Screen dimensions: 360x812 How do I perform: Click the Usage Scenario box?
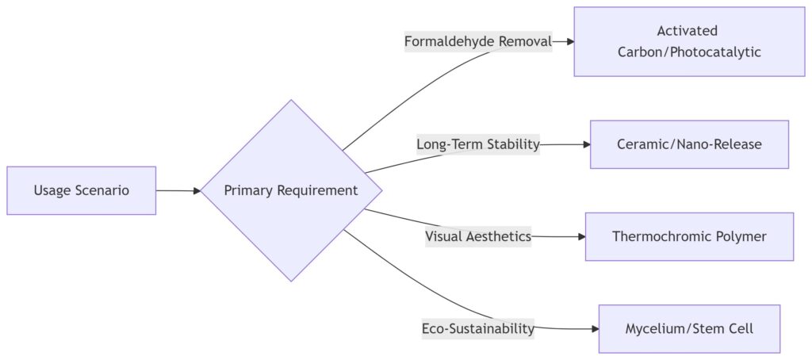point(81,190)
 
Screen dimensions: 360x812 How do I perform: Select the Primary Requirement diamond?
point(291,190)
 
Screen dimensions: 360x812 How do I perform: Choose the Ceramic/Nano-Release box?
point(689,144)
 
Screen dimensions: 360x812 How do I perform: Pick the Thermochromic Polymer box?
point(689,236)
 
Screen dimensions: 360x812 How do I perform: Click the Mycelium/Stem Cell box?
point(689,328)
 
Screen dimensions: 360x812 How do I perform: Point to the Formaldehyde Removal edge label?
point(477,41)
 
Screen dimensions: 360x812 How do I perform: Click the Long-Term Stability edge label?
point(477,144)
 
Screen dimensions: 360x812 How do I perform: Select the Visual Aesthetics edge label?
point(477,236)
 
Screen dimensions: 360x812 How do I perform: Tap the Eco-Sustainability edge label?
point(477,328)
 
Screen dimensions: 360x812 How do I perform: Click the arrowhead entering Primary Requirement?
point(196,190)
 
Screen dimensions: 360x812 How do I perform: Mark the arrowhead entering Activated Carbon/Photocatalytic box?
point(569,41)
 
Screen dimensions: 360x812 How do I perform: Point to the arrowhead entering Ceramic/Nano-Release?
point(586,144)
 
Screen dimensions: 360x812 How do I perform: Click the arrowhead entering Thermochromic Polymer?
point(580,236)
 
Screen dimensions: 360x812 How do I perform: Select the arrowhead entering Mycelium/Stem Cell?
point(594,328)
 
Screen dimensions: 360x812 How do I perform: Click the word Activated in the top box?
point(688,31)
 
